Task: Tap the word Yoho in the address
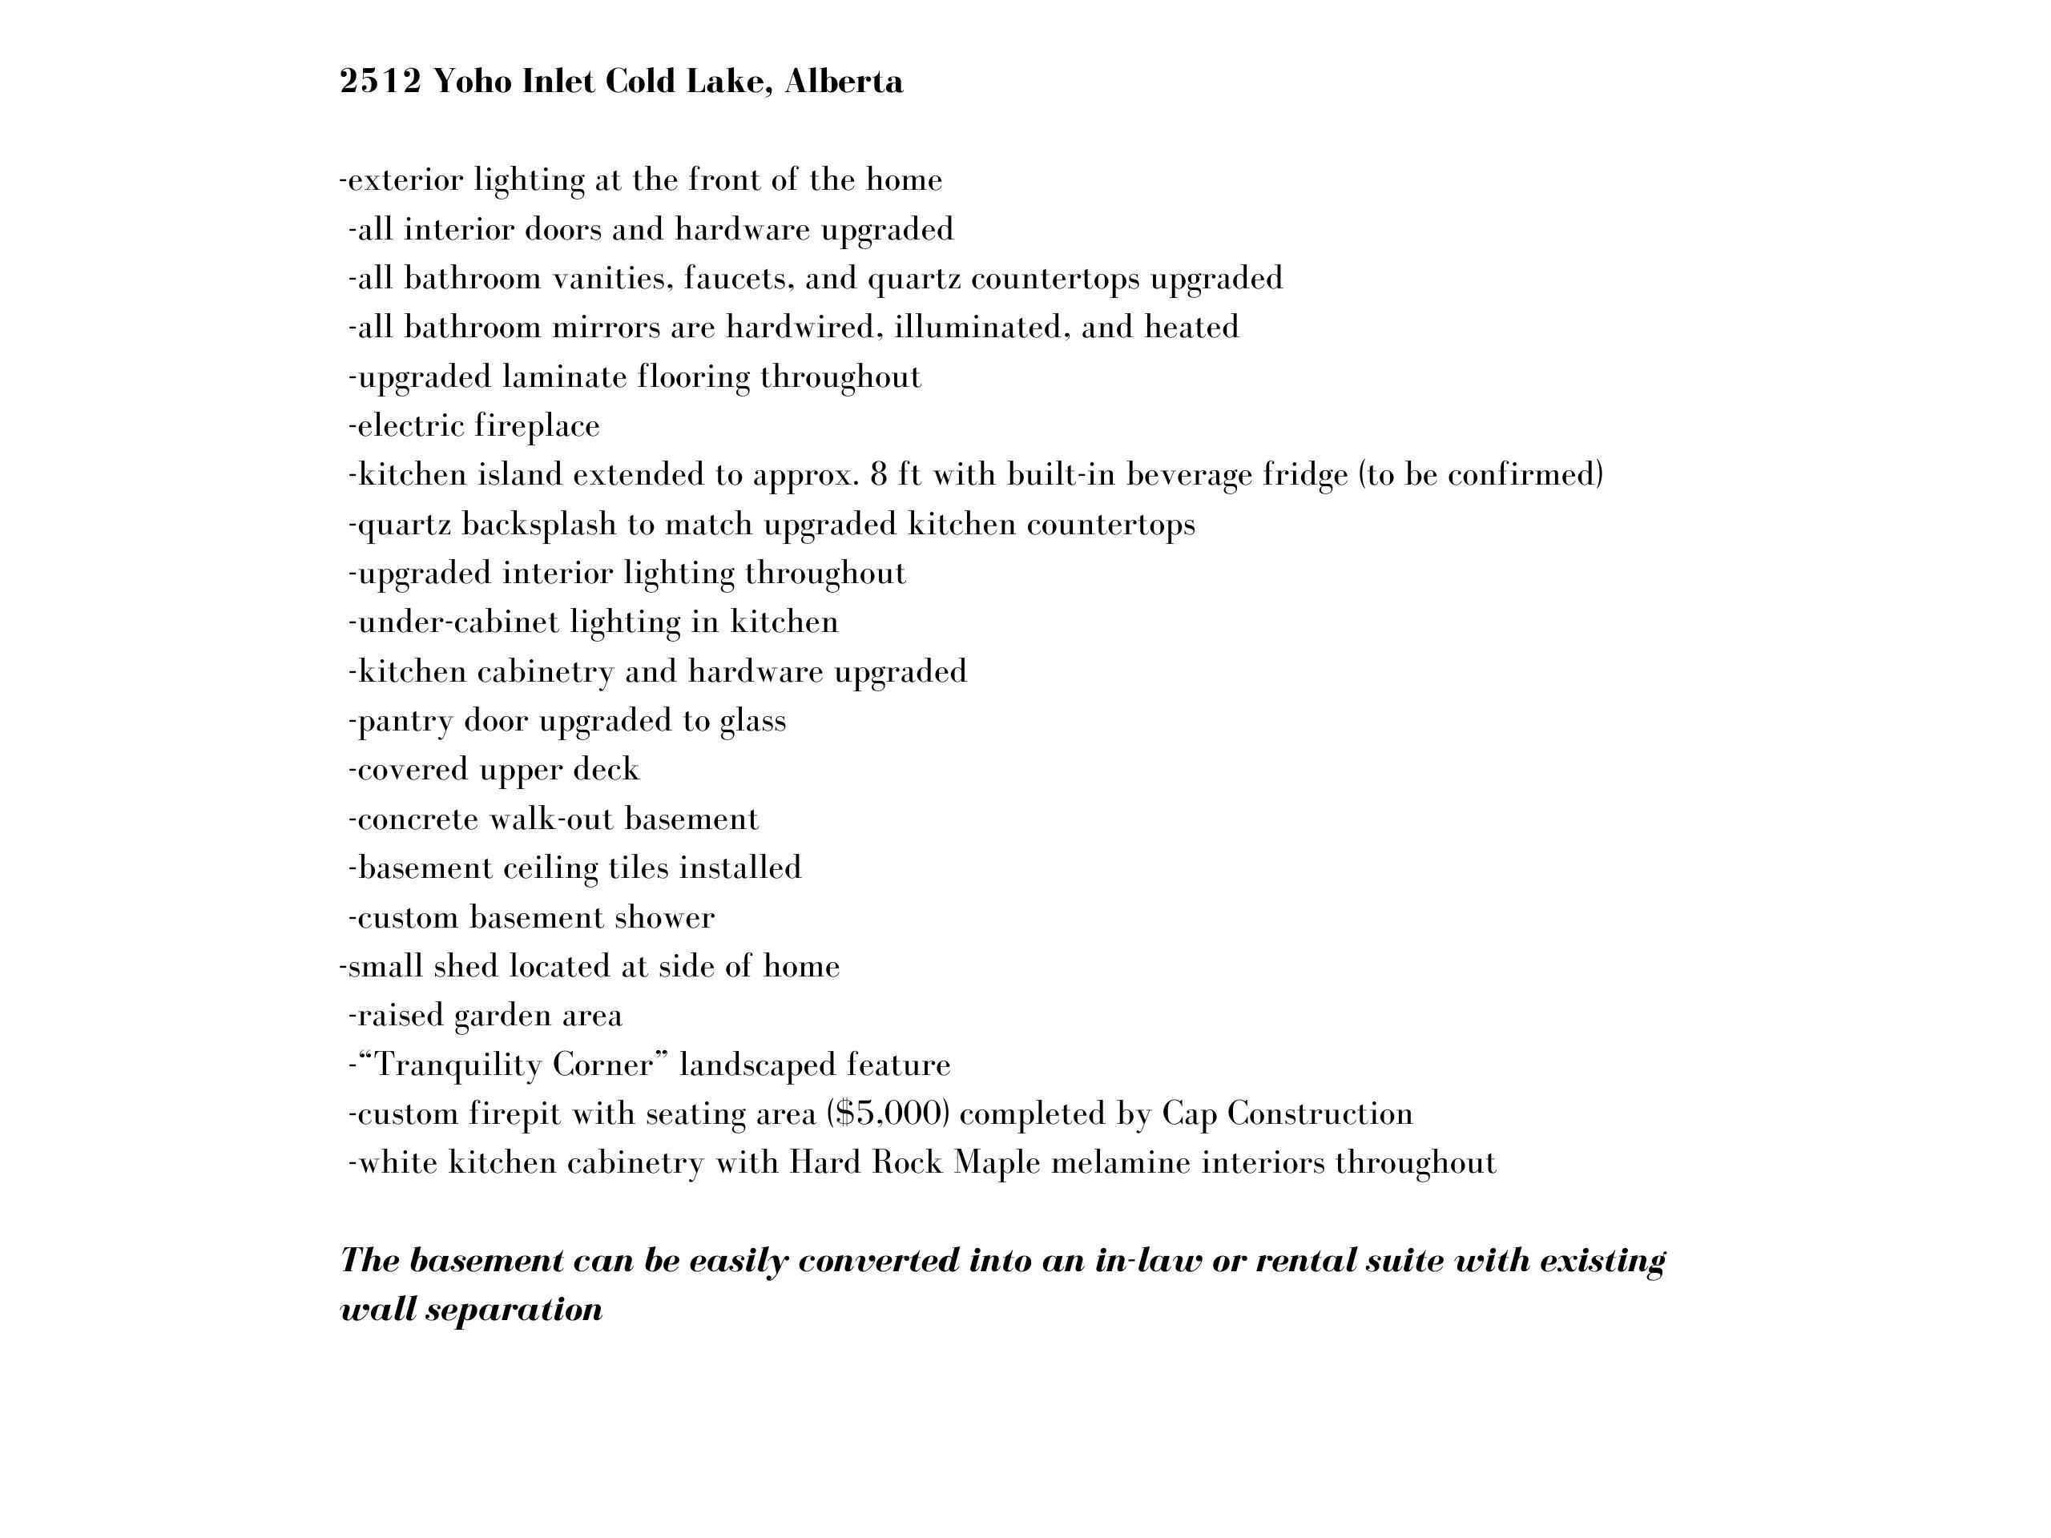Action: tap(472, 83)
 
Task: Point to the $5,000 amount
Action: tap(888, 1113)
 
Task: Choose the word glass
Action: tap(753, 721)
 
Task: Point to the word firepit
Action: tap(514, 1113)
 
